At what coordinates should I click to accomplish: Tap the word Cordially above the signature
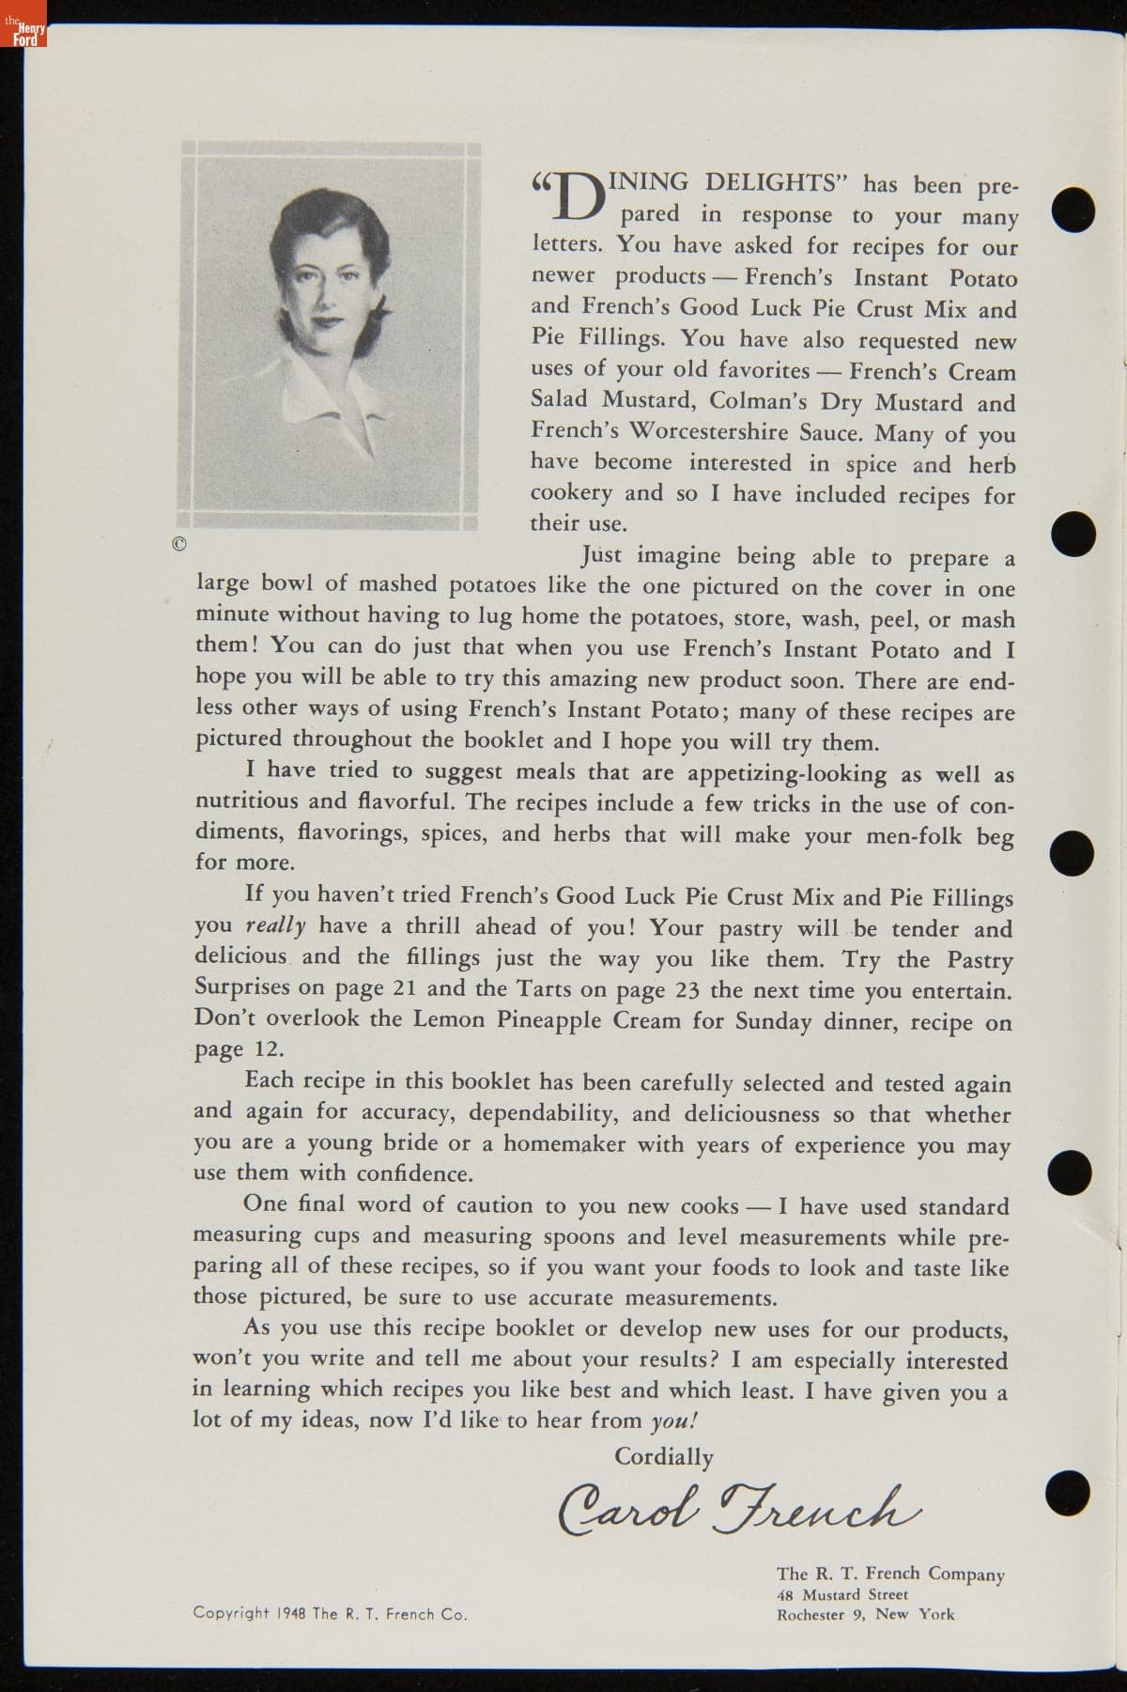[663, 1456]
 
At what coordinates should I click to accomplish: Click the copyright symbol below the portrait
[179, 544]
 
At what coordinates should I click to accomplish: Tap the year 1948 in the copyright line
[291, 1613]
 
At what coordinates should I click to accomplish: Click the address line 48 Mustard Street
[842, 1594]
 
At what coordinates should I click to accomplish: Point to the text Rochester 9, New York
[864, 1614]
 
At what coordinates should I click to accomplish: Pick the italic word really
[275, 925]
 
